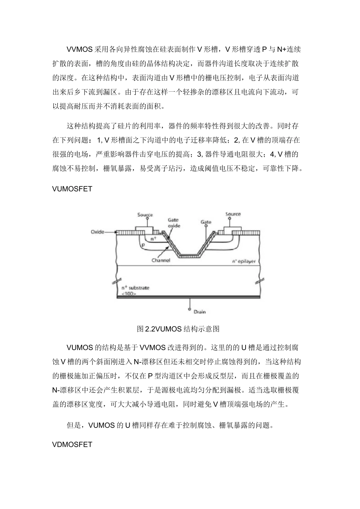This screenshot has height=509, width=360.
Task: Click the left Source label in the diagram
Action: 145,215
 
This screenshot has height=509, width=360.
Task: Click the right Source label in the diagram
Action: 233,214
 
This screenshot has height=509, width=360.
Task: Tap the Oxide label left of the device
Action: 97,232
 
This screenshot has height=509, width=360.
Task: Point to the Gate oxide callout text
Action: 174,223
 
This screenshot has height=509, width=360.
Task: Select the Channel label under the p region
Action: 161,260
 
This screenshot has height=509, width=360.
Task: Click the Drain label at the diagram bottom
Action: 200,312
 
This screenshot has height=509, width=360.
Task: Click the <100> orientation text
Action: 129,294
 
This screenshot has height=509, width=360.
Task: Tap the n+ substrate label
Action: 135,288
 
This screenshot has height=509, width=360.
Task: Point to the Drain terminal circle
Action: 189,309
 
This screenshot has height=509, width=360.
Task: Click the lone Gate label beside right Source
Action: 206,222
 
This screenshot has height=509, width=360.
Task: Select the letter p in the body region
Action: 143,245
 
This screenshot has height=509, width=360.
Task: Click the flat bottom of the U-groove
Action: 189,255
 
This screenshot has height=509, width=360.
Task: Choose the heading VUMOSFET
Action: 72,189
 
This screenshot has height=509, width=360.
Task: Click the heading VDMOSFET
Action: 72,444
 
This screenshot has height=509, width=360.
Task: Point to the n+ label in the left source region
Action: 153,239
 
